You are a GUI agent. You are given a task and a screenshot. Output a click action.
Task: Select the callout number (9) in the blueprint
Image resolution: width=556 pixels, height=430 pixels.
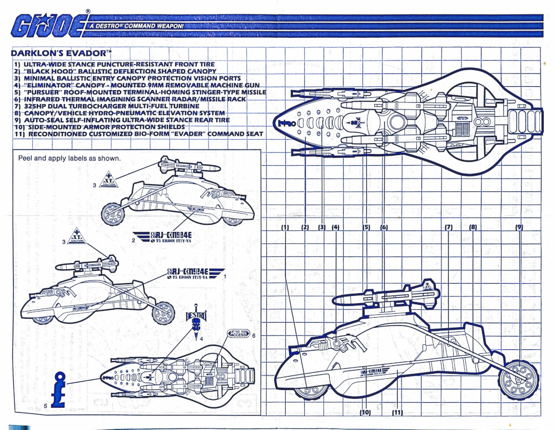tap(519, 227)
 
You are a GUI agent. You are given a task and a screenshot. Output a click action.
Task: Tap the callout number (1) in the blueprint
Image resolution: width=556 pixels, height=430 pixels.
tap(285, 227)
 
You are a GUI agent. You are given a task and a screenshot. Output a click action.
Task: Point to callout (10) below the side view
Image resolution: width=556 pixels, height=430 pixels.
tap(365, 412)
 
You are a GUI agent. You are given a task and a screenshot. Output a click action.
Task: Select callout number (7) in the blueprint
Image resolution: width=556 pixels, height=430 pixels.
tap(449, 227)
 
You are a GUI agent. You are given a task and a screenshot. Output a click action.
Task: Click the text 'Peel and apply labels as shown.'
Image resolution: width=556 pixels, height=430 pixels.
tap(69, 158)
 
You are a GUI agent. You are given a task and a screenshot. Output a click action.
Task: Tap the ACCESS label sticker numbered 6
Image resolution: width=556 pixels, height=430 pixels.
tap(239, 334)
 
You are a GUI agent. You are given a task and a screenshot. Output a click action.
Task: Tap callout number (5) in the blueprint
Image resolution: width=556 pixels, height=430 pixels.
tap(366, 227)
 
